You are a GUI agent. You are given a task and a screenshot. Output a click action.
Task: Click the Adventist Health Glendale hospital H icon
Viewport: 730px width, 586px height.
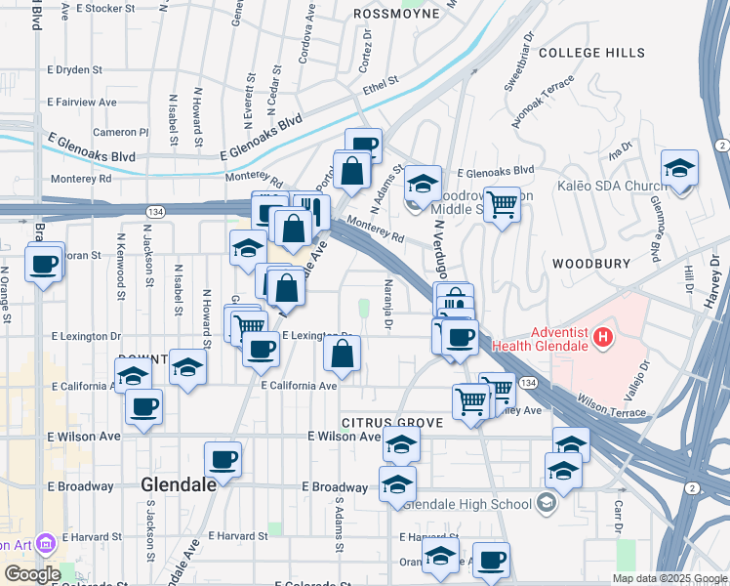pos(604,339)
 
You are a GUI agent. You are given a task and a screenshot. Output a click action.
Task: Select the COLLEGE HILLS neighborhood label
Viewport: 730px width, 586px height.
pos(591,52)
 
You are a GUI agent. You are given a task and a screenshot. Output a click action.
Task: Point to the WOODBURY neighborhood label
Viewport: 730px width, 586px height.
pos(587,264)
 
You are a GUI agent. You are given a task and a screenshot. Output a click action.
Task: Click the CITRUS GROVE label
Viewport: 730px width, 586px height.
pos(391,423)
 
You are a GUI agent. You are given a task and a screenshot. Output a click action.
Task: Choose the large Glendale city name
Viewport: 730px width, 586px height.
pos(182,483)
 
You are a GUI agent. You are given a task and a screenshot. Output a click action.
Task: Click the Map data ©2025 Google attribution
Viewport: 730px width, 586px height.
pos(669,578)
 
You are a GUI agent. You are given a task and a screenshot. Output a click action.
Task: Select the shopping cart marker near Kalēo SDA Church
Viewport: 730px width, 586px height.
pos(502,205)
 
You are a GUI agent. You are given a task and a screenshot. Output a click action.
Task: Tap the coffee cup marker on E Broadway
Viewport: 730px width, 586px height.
pos(223,459)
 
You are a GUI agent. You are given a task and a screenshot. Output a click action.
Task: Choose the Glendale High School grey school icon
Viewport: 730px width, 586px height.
pos(546,503)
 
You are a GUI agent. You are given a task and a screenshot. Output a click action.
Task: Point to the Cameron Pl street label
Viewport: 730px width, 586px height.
pos(120,132)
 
